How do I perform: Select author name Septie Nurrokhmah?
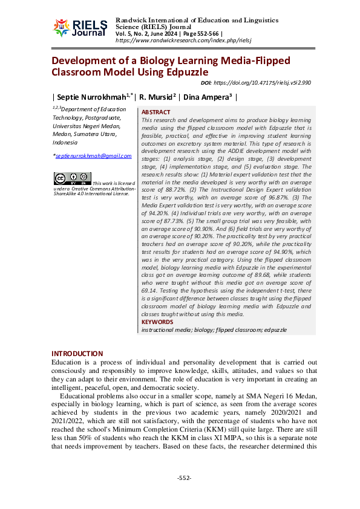coord(92,96)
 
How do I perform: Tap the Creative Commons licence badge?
coord(72,178)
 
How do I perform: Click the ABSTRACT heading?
coord(156,112)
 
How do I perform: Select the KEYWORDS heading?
coord(157,323)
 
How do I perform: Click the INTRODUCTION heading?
coord(77,354)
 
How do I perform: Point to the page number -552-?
coord(184,478)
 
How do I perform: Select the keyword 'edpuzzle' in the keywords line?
coord(275,330)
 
